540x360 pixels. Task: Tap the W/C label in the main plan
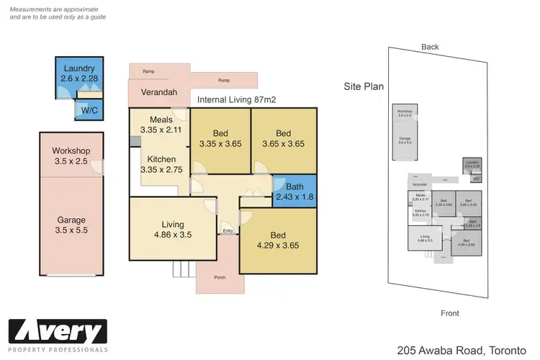(x=89, y=110)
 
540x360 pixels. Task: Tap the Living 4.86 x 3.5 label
(x=173, y=228)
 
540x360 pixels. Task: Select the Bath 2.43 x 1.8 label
(x=294, y=192)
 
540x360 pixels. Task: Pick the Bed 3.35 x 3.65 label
(x=221, y=138)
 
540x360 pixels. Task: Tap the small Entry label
(x=228, y=231)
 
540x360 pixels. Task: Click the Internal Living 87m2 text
(x=238, y=101)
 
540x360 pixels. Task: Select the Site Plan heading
(x=364, y=86)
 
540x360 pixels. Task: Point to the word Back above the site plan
(x=430, y=47)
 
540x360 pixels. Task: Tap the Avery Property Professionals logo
(x=58, y=336)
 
